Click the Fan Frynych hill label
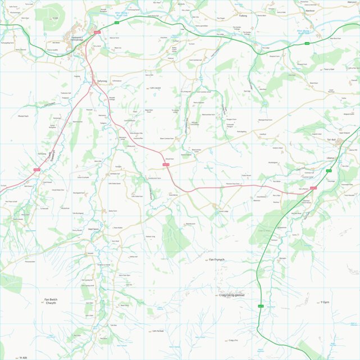click(216, 259)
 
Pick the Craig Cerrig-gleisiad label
click(231, 295)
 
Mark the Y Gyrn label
click(324, 302)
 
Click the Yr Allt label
click(23, 357)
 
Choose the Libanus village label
click(330, 158)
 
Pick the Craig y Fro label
click(234, 340)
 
